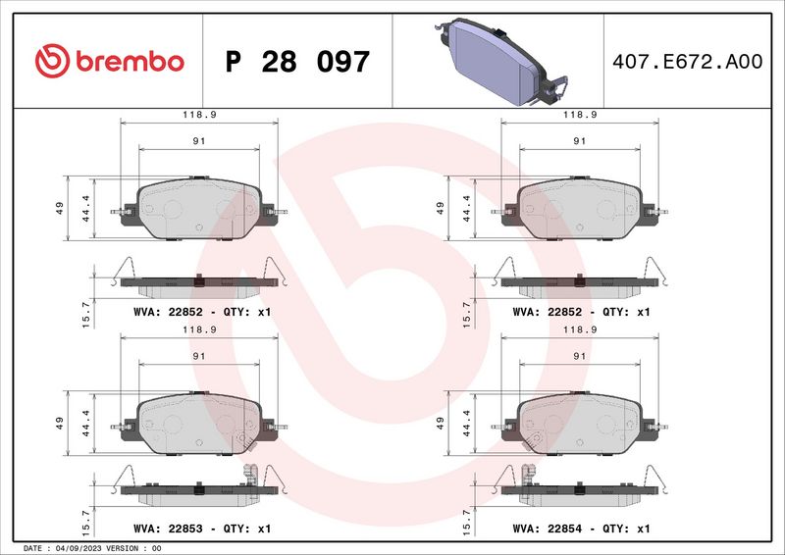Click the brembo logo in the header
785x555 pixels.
pyautogui.click(x=109, y=61)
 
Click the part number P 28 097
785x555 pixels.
pyautogui.click(x=297, y=62)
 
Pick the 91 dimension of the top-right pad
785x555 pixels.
pyautogui.click(x=580, y=141)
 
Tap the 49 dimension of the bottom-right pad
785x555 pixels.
pyautogui.click(x=441, y=424)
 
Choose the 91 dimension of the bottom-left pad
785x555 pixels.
pyautogui.click(x=199, y=357)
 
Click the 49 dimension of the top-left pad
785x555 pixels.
pyautogui.click(x=60, y=207)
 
